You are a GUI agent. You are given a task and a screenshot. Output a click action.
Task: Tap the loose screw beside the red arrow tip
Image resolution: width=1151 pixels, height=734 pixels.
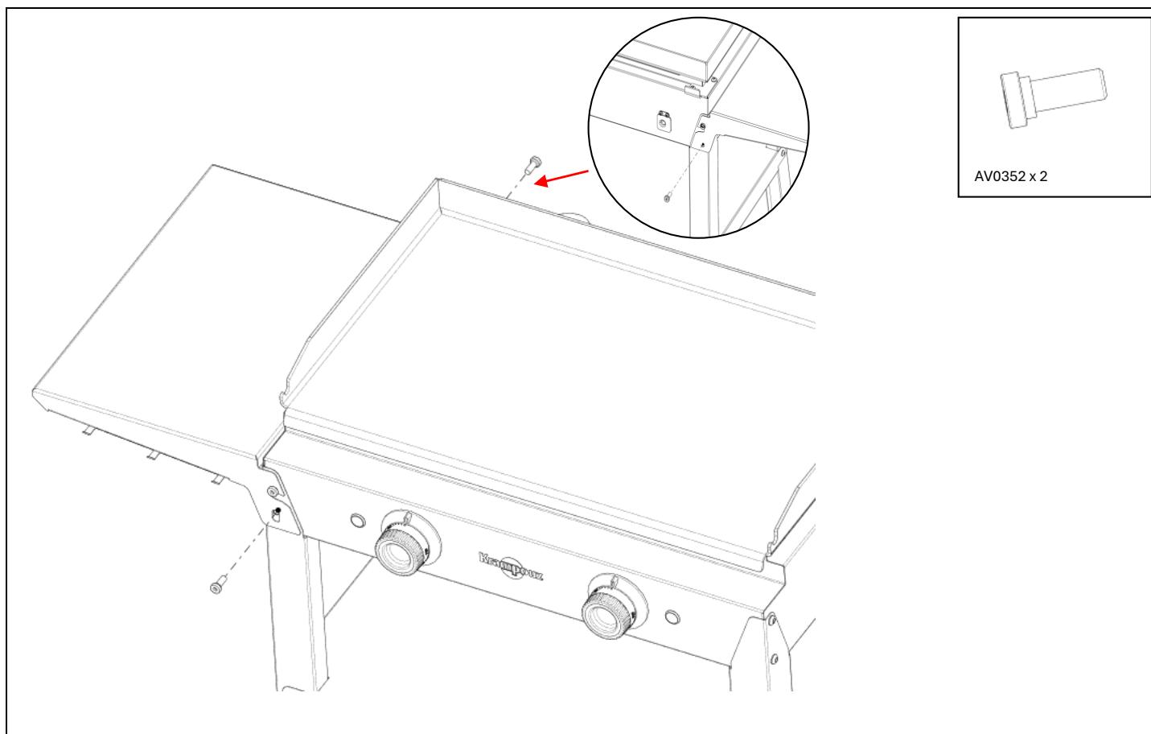tap(532, 165)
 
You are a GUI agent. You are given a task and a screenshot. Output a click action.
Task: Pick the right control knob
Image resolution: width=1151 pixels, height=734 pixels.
tap(610, 608)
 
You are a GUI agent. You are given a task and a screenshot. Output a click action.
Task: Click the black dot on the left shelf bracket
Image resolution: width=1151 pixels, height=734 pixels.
tap(277, 511)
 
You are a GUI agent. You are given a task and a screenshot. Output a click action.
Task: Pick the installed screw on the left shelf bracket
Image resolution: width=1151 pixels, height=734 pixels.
tap(273, 491)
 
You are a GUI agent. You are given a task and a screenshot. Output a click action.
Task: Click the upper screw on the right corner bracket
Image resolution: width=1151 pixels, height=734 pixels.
tap(770, 619)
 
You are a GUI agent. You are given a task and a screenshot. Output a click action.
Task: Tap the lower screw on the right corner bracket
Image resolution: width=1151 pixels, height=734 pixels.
tap(775, 658)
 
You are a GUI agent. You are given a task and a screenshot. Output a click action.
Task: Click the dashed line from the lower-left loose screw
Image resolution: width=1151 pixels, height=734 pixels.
tap(245, 555)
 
